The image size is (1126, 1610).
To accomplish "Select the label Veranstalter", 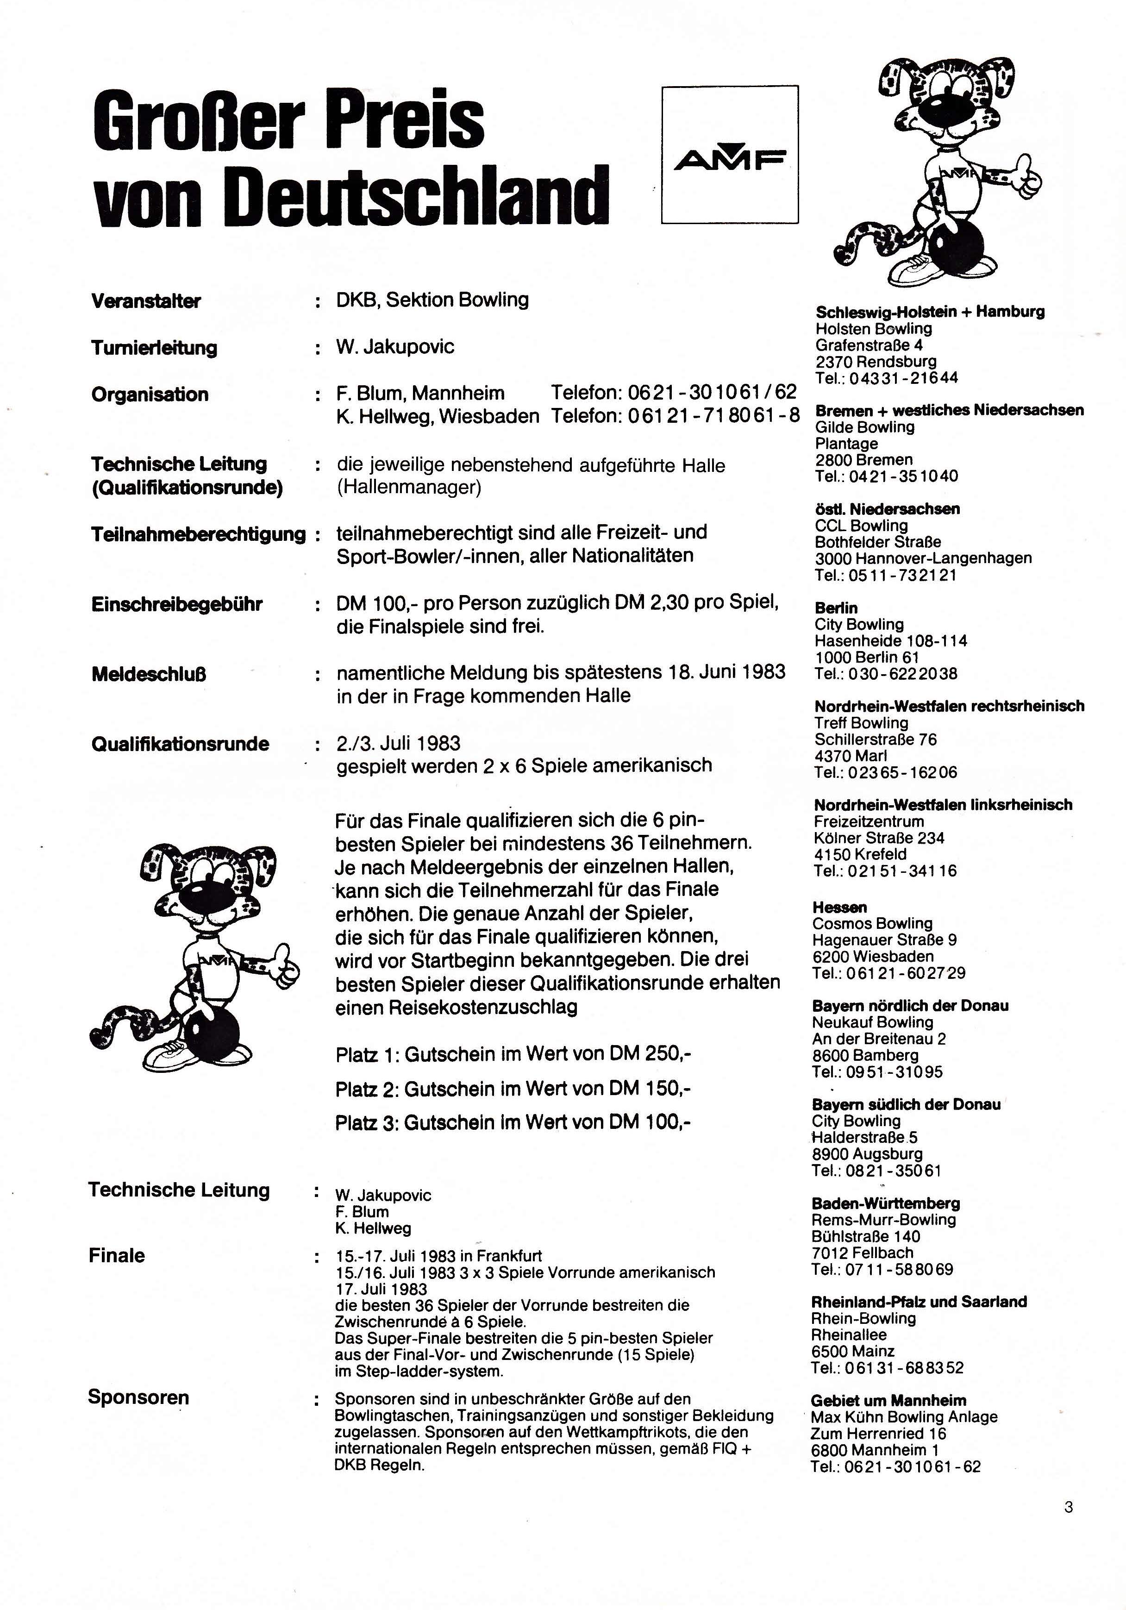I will coord(146,301).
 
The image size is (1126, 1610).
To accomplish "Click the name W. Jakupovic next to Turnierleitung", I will coord(395,346).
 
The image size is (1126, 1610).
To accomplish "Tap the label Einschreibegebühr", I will coord(177,604).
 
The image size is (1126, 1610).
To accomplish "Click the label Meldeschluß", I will coord(149,675).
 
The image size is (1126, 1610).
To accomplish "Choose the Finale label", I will coord(116,1255).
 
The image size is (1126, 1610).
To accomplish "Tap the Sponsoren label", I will coord(138,1397).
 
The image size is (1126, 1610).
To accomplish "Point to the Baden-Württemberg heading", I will coord(886,1203).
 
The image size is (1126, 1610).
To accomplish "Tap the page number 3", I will coord(1068,1507).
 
